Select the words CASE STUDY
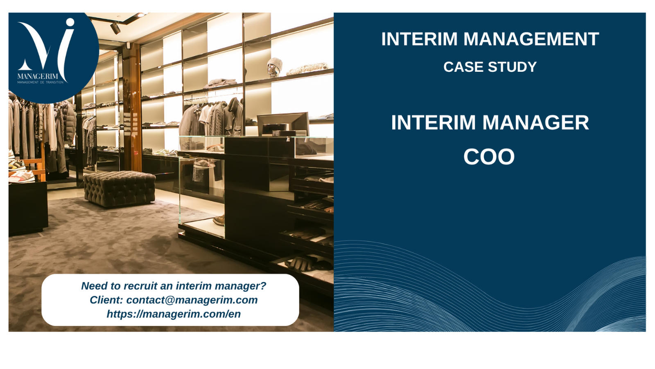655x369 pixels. (x=490, y=67)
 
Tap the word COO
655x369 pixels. (x=489, y=157)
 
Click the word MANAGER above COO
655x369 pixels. (x=535, y=123)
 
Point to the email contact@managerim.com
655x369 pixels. (x=192, y=300)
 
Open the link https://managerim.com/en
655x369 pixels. (x=174, y=314)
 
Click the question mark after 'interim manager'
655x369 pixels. (x=263, y=286)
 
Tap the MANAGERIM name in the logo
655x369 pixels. (x=38, y=77)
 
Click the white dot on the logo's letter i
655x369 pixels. (x=70, y=22)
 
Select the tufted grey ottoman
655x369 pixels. (x=119, y=189)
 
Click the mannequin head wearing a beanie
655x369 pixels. (x=274, y=67)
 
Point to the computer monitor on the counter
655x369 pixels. (x=283, y=124)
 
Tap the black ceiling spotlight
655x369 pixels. (x=115, y=28)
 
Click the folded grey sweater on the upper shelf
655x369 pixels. (x=221, y=82)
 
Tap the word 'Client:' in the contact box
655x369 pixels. (x=106, y=300)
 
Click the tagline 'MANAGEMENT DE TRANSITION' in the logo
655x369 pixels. (x=41, y=82)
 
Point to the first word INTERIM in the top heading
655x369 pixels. (x=419, y=39)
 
